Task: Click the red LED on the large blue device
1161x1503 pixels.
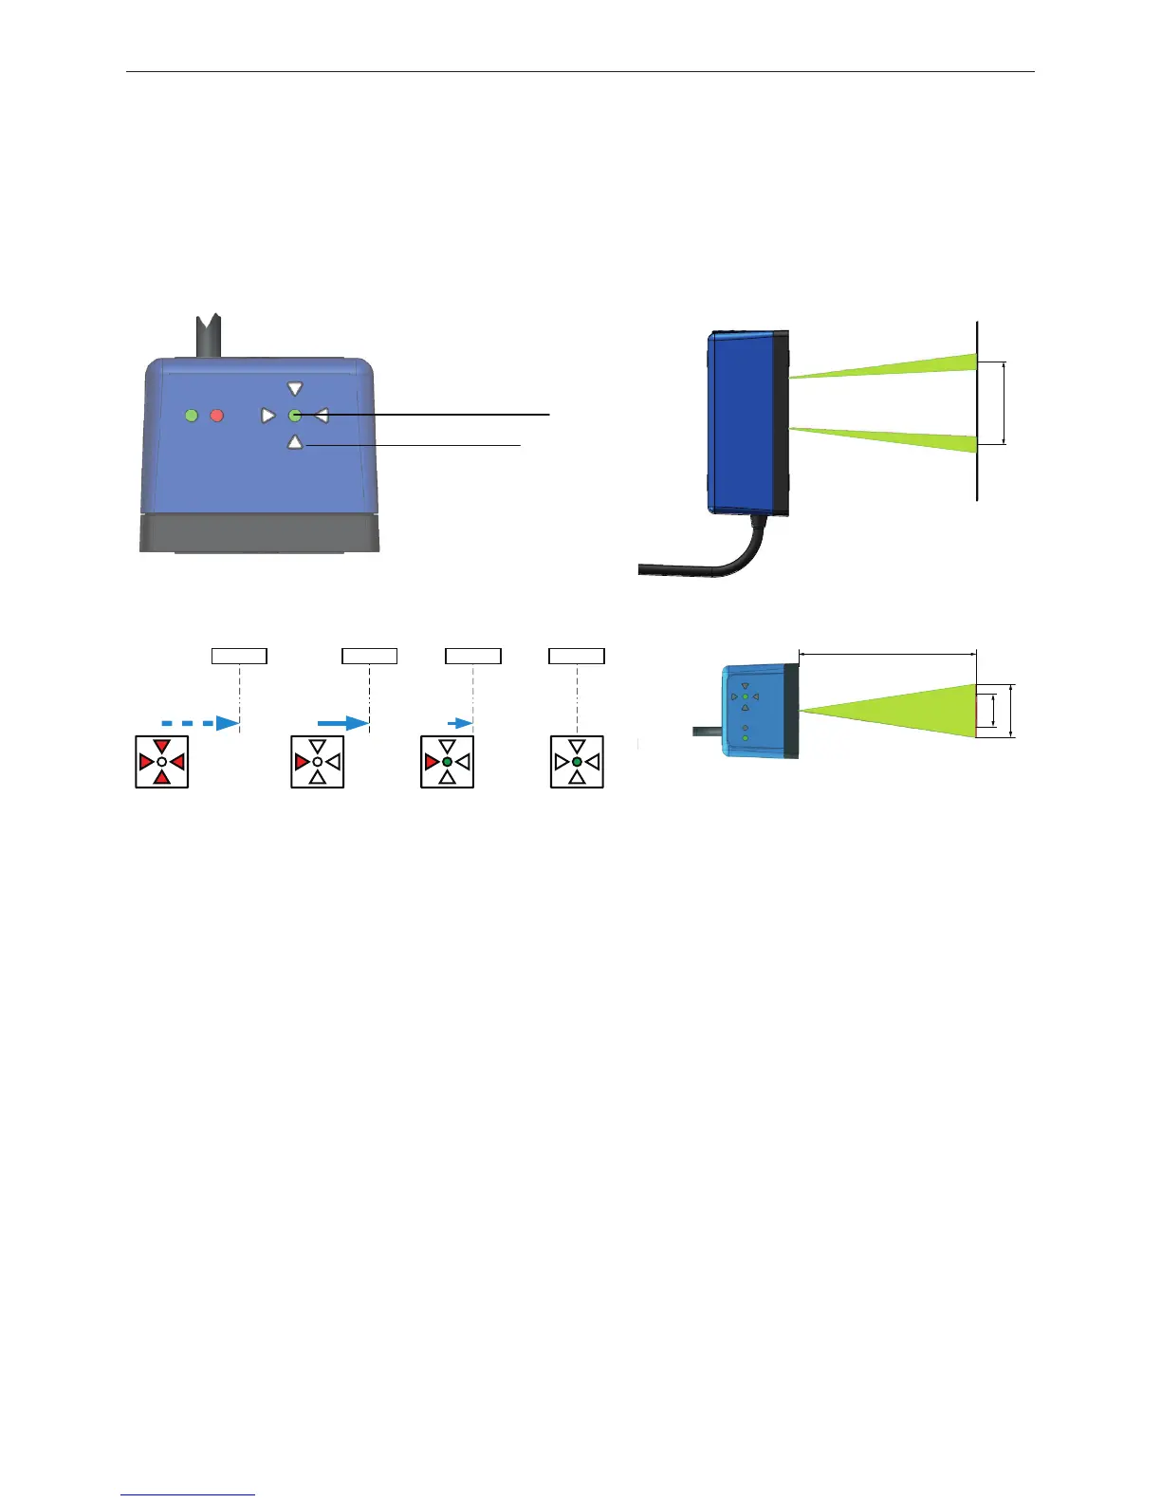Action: pos(217,416)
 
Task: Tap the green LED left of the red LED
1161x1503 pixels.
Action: pos(192,416)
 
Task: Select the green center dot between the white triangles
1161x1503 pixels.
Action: pos(295,416)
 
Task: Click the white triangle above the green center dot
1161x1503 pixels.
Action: pos(295,389)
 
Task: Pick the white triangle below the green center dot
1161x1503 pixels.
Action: pos(295,441)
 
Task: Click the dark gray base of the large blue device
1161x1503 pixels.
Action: pos(259,532)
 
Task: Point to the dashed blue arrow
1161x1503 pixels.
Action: pos(199,723)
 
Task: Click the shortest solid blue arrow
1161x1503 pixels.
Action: pos(460,723)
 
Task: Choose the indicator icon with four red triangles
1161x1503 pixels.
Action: pos(162,762)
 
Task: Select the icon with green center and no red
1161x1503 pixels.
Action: pos(577,762)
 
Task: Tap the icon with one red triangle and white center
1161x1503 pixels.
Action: pos(318,762)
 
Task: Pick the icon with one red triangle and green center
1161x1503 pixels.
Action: pos(447,762)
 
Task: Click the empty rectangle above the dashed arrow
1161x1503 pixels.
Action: pos(239,656)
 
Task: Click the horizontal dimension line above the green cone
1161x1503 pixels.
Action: pos(887,653)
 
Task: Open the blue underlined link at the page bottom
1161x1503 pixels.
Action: pos(188,1494)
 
